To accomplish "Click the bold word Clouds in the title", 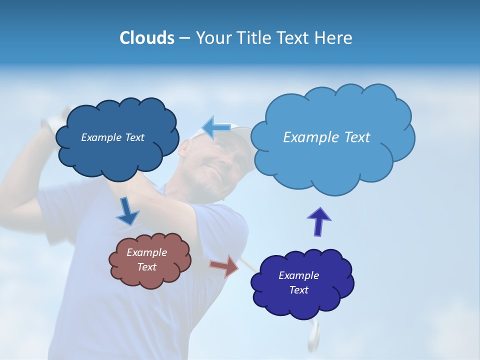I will click(147, 38).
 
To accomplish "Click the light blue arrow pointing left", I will click(216, 127).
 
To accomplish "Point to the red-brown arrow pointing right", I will click(224, 266).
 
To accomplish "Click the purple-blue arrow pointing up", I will click(319, 220).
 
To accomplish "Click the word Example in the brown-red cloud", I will click(146, 252).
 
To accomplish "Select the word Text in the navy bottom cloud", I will click(298, 290).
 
